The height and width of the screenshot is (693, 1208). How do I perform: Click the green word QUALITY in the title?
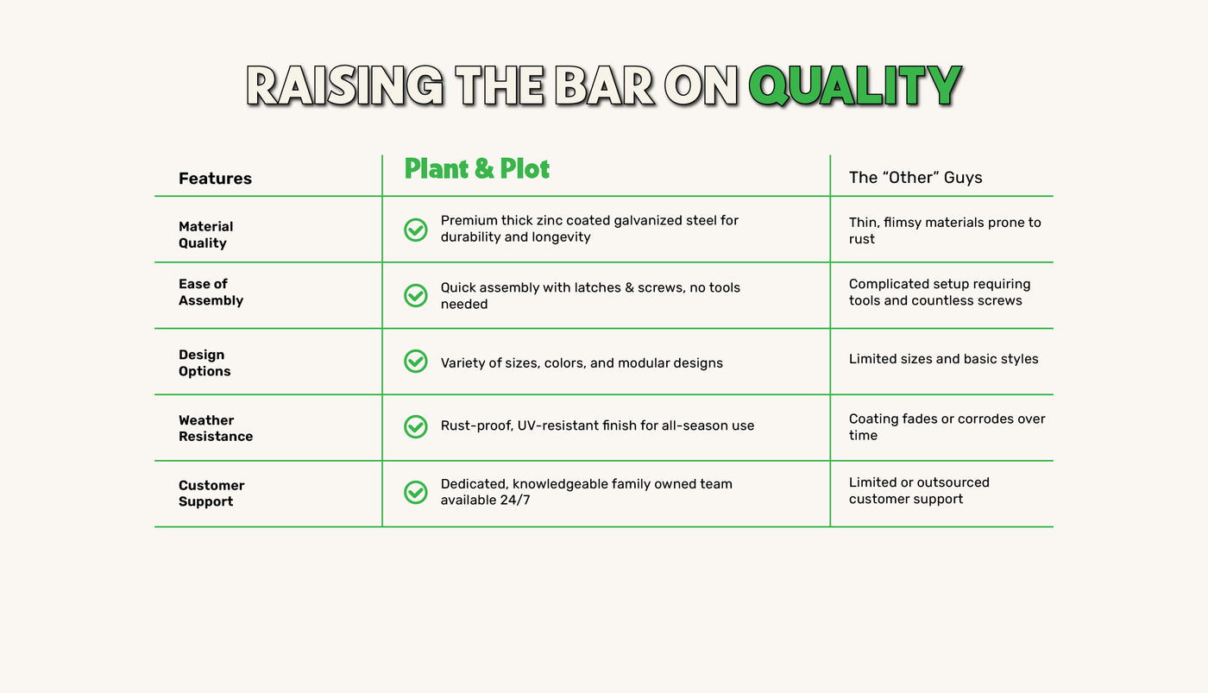[855, 85]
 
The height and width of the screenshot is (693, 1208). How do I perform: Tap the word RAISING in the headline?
[344, 85]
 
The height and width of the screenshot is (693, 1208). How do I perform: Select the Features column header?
[215, 178]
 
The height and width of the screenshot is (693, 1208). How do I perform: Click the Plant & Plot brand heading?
[476, 168]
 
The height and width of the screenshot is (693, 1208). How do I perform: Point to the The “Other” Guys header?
[915, 178]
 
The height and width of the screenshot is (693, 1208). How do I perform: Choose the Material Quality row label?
[206, 235]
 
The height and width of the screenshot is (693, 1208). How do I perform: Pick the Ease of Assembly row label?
[211, 292]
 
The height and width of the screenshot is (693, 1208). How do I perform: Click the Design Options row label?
[204, 363]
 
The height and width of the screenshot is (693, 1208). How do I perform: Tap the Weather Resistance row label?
[216, 428]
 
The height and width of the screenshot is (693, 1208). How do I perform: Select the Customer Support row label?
[211, 494]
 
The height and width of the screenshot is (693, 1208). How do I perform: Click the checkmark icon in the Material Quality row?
[416, 230]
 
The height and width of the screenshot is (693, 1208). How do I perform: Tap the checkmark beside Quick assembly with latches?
[416, 295]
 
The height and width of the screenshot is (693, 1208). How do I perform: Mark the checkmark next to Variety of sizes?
[416, 362]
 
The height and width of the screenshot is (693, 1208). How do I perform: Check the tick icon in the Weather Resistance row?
[416, 426]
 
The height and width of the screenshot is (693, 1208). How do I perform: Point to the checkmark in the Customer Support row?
[416, 493]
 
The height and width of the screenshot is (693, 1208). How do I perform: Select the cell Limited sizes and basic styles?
[943, 359]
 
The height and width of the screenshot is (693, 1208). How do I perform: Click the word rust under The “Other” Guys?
[862, 239]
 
